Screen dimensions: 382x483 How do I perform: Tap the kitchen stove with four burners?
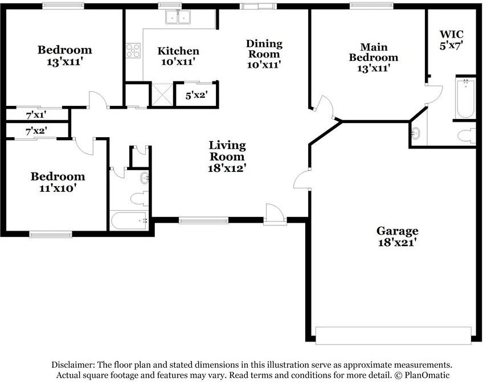(133, 51)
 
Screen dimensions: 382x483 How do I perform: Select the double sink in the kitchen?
(178, 18)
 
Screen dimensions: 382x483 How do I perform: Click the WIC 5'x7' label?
(452, 40)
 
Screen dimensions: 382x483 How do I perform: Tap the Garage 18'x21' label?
(397, 236)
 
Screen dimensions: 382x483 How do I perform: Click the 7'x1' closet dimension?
(36, 114)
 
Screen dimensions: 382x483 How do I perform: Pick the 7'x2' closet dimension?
(36, 131)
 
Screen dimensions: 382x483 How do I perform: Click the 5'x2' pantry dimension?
(196, 96)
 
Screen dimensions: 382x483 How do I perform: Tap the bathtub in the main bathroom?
(465, 98)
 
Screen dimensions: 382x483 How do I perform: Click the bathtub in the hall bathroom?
(129, 220)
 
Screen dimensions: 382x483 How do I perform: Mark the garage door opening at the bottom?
(394, 335)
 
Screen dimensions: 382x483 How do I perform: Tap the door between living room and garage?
(302, 180)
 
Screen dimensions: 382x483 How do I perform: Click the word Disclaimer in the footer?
(73, 365)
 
